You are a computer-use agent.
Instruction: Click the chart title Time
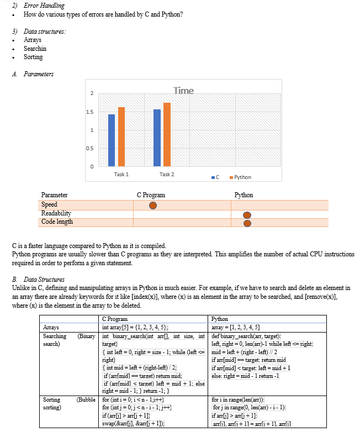[183, 91]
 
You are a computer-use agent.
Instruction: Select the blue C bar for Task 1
[112, 140]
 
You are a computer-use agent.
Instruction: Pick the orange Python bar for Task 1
[121, 136]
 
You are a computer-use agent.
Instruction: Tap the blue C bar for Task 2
[157, 138]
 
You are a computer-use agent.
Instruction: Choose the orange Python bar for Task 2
[167, 134]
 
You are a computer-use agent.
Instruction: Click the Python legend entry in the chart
[239, 177]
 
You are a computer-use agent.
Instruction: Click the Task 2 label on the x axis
[167, 175]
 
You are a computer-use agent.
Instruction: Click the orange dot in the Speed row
[153, 205]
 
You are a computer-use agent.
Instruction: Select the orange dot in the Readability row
[247, 214]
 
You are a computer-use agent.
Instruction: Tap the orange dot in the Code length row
[247, 223]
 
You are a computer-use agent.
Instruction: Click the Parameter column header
[55, 195]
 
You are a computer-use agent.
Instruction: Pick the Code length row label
[57, 222]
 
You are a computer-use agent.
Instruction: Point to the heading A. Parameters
[39, 74]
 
